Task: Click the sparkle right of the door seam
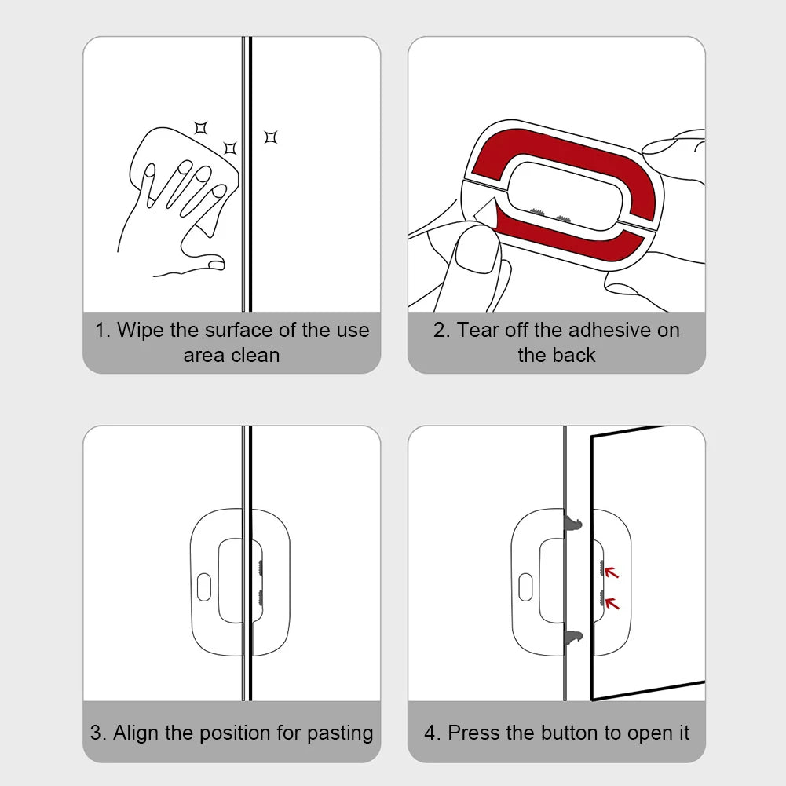click(x=271, y=137)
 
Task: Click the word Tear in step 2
click(x=477, y=331)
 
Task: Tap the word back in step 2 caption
click(x=578, y=355)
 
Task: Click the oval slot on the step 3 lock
click(x=203, y=587)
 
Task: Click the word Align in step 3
click(x=137, y=733)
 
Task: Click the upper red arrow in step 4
click(x=612, y=572)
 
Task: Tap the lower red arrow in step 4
click(x=612, y=603)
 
